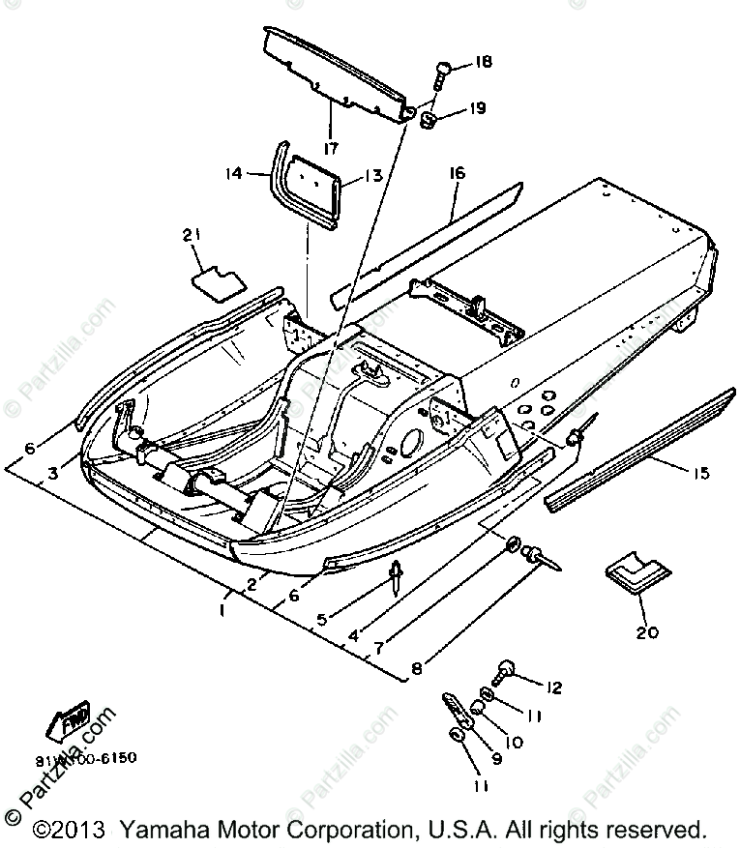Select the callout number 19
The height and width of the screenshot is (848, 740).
tap(478, 108)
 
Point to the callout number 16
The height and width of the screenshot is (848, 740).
tap(458, 174)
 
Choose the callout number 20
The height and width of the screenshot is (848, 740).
tap(647, 632)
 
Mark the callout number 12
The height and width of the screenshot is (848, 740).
tap(553, 687)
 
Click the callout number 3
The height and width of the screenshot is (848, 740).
tap(55, 473)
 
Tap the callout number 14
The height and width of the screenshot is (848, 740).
tap(233, 174)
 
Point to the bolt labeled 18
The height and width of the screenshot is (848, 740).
tap(440, 71)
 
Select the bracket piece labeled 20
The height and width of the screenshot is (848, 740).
tap(630, 576)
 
